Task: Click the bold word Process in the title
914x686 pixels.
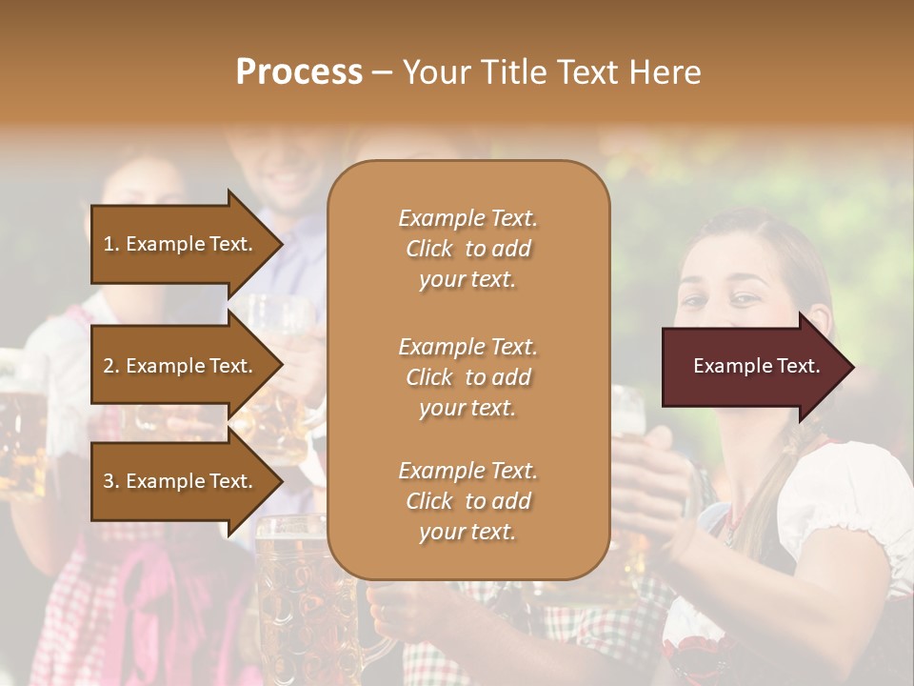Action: click(299, 71)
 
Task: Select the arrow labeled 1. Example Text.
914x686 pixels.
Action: click(181, 244)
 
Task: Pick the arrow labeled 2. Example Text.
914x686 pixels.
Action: click(181, 366)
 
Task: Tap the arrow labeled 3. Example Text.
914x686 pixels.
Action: click(181, 481)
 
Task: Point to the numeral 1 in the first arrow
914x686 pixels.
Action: click(109, 244)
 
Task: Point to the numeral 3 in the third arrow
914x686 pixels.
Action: click(109, 481)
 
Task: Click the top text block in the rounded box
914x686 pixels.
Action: click(467, 249)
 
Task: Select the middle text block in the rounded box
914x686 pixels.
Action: click(467, 377)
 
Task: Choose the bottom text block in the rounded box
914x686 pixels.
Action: click(467, 501)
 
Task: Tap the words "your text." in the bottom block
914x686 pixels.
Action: click(467, 532)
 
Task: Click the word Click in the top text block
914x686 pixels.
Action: click(429, 249)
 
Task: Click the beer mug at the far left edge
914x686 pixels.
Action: click(19, 429)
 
